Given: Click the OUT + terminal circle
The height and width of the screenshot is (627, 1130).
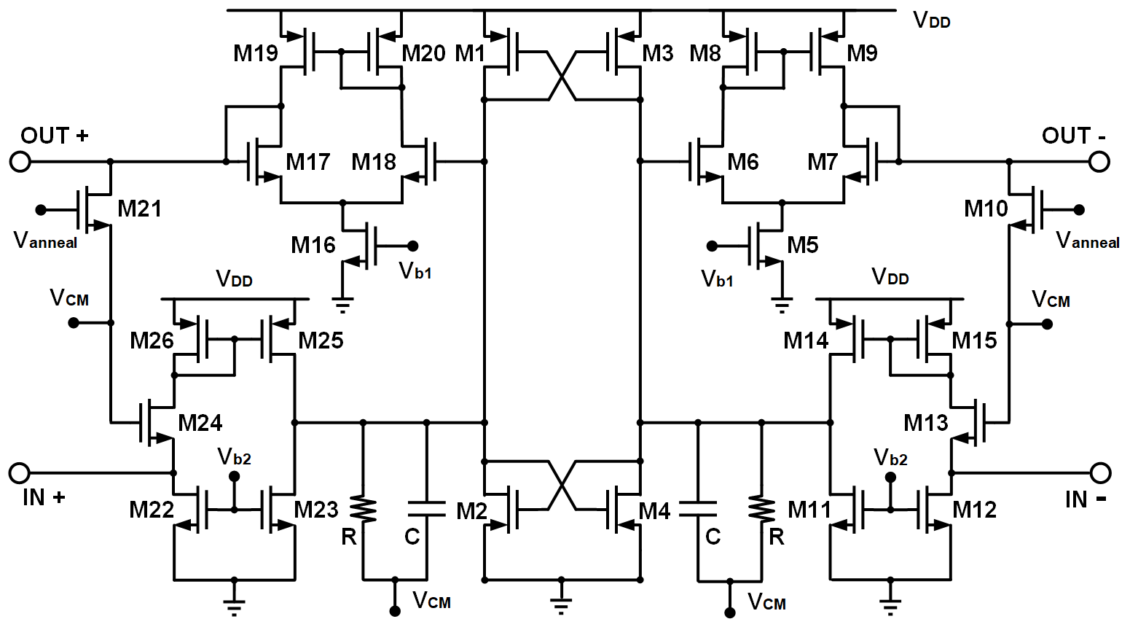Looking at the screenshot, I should pyautogui.click(x=20, y=161).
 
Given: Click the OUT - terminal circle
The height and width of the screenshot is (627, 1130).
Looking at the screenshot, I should pyautogui.click(x=1099, y=161).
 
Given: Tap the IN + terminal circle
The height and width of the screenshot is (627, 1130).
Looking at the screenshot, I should pyautogui.click(x=20, y=473).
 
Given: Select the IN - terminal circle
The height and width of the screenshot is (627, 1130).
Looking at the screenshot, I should pyautogui.click(x=1100, y=473).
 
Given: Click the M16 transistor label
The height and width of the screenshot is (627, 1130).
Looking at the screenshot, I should pyautogui.click(x=313, y=246).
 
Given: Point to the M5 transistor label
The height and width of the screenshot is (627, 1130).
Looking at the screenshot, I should pyautogui.click(x=803, y=246).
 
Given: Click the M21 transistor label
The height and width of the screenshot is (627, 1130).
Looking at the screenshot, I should pyautogui.click(x=139, y=209).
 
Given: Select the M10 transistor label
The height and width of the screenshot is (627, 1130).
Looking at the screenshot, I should pyautogui.click(x=986, y=209).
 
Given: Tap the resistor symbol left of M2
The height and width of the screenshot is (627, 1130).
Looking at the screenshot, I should pyautogui.click(x=364, y=510).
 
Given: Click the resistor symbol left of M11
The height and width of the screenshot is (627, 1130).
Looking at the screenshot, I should pyautogui.click(x=761, y=510).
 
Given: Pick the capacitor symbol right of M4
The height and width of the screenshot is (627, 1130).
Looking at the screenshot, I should pyautogui.click(x=698, y=510).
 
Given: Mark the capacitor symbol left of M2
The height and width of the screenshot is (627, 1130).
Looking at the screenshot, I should pyautogui.click(x=426, y=510).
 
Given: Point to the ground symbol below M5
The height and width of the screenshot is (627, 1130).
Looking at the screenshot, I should pyautogui.click(x=782, y=303).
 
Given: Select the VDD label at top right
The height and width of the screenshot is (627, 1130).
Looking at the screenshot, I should pyautogui.click(x=931, y=20).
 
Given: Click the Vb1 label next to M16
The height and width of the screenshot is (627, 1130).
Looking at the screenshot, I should pyautogui.click(x=415, y=271).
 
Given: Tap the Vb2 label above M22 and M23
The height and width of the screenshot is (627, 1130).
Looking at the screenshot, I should pyautogui.click(x=235, y=457).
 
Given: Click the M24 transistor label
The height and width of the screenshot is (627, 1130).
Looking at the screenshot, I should pyautogui.click(x=200, y=423).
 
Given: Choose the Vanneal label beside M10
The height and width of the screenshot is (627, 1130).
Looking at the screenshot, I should pyautogui.click(x=1087, y=240).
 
